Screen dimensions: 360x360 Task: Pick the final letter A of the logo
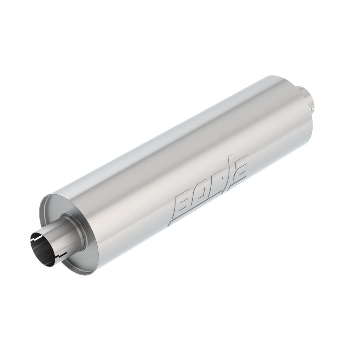[x=240, y=171]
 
